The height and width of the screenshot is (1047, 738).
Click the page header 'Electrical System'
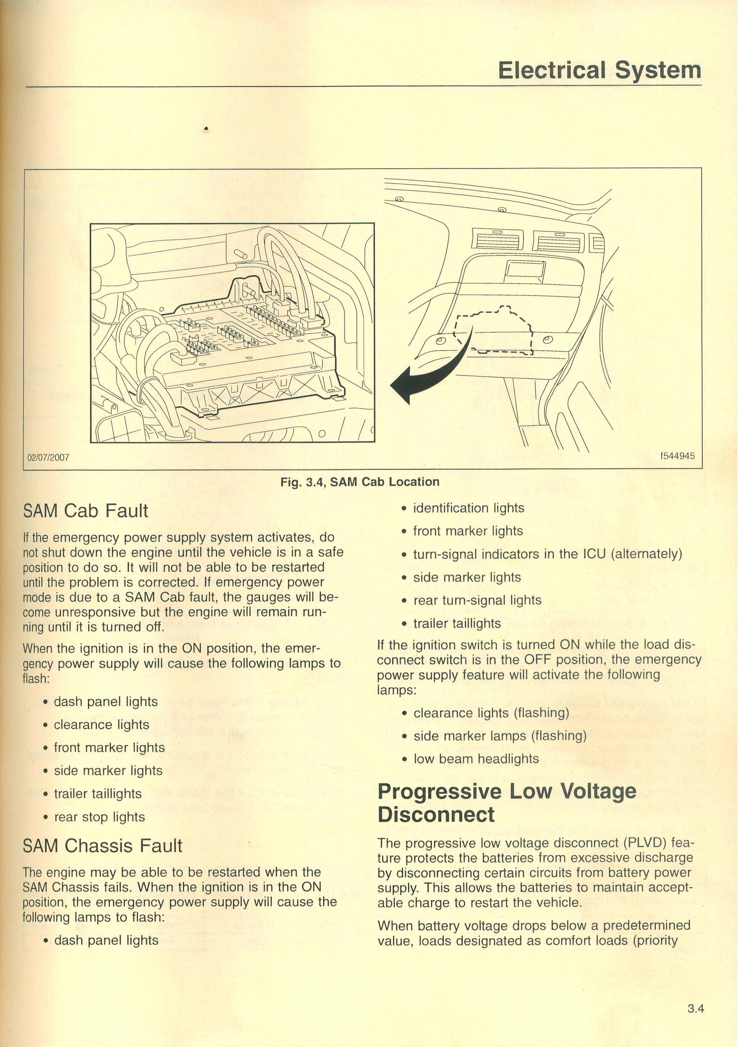599,71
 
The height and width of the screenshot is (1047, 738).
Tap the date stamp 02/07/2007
48,457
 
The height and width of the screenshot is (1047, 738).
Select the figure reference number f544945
677,456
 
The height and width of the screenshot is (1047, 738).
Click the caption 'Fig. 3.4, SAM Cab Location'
360,482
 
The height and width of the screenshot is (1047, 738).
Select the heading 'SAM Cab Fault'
86,511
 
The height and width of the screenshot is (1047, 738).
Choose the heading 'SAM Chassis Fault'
103,846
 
